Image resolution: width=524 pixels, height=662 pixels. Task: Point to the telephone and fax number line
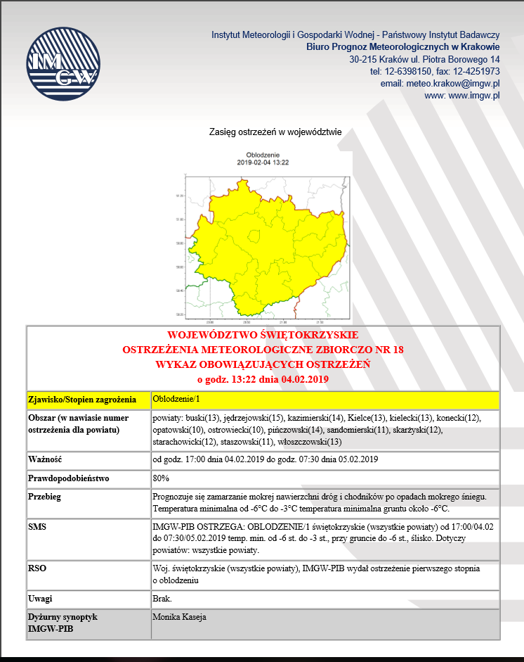click(x=435, y=71)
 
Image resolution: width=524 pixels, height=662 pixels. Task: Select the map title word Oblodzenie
click(x=262, y=155)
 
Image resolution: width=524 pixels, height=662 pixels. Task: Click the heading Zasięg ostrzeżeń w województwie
click(x=275, y=132)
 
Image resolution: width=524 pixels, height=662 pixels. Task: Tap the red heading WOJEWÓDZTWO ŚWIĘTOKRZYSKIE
click(x=263, y=335)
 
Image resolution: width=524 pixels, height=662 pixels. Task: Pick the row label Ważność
click(x=45, y=459)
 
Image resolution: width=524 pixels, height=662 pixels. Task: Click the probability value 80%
click(x=161, y=478)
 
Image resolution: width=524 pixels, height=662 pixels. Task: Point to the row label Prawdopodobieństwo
click(x=68, y=478)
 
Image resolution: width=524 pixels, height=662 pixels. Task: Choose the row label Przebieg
click(x=45, y=497)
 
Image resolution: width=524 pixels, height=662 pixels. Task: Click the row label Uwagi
click(x=40, y=599)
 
